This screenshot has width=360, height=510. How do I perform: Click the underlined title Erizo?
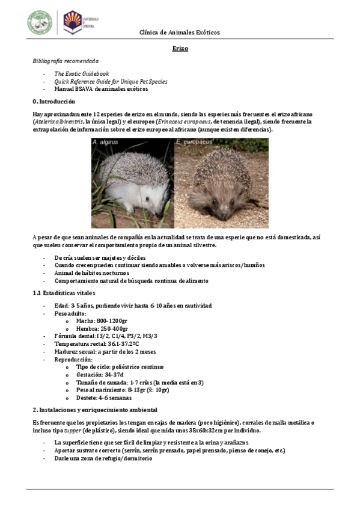(x=180, y=48)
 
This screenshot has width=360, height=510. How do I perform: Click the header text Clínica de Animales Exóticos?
(x=180, y=32)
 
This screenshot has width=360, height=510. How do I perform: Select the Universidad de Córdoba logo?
(x=73, y=22)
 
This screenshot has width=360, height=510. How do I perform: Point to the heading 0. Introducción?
(x=54, y=102)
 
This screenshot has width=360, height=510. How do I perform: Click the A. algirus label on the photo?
(x=106, y=143)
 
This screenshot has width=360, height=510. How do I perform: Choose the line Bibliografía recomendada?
(x=66, y=61)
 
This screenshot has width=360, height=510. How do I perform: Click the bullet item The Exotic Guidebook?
(x=82, y=73)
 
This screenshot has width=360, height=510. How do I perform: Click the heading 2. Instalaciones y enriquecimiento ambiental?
(x=99, y=409)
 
